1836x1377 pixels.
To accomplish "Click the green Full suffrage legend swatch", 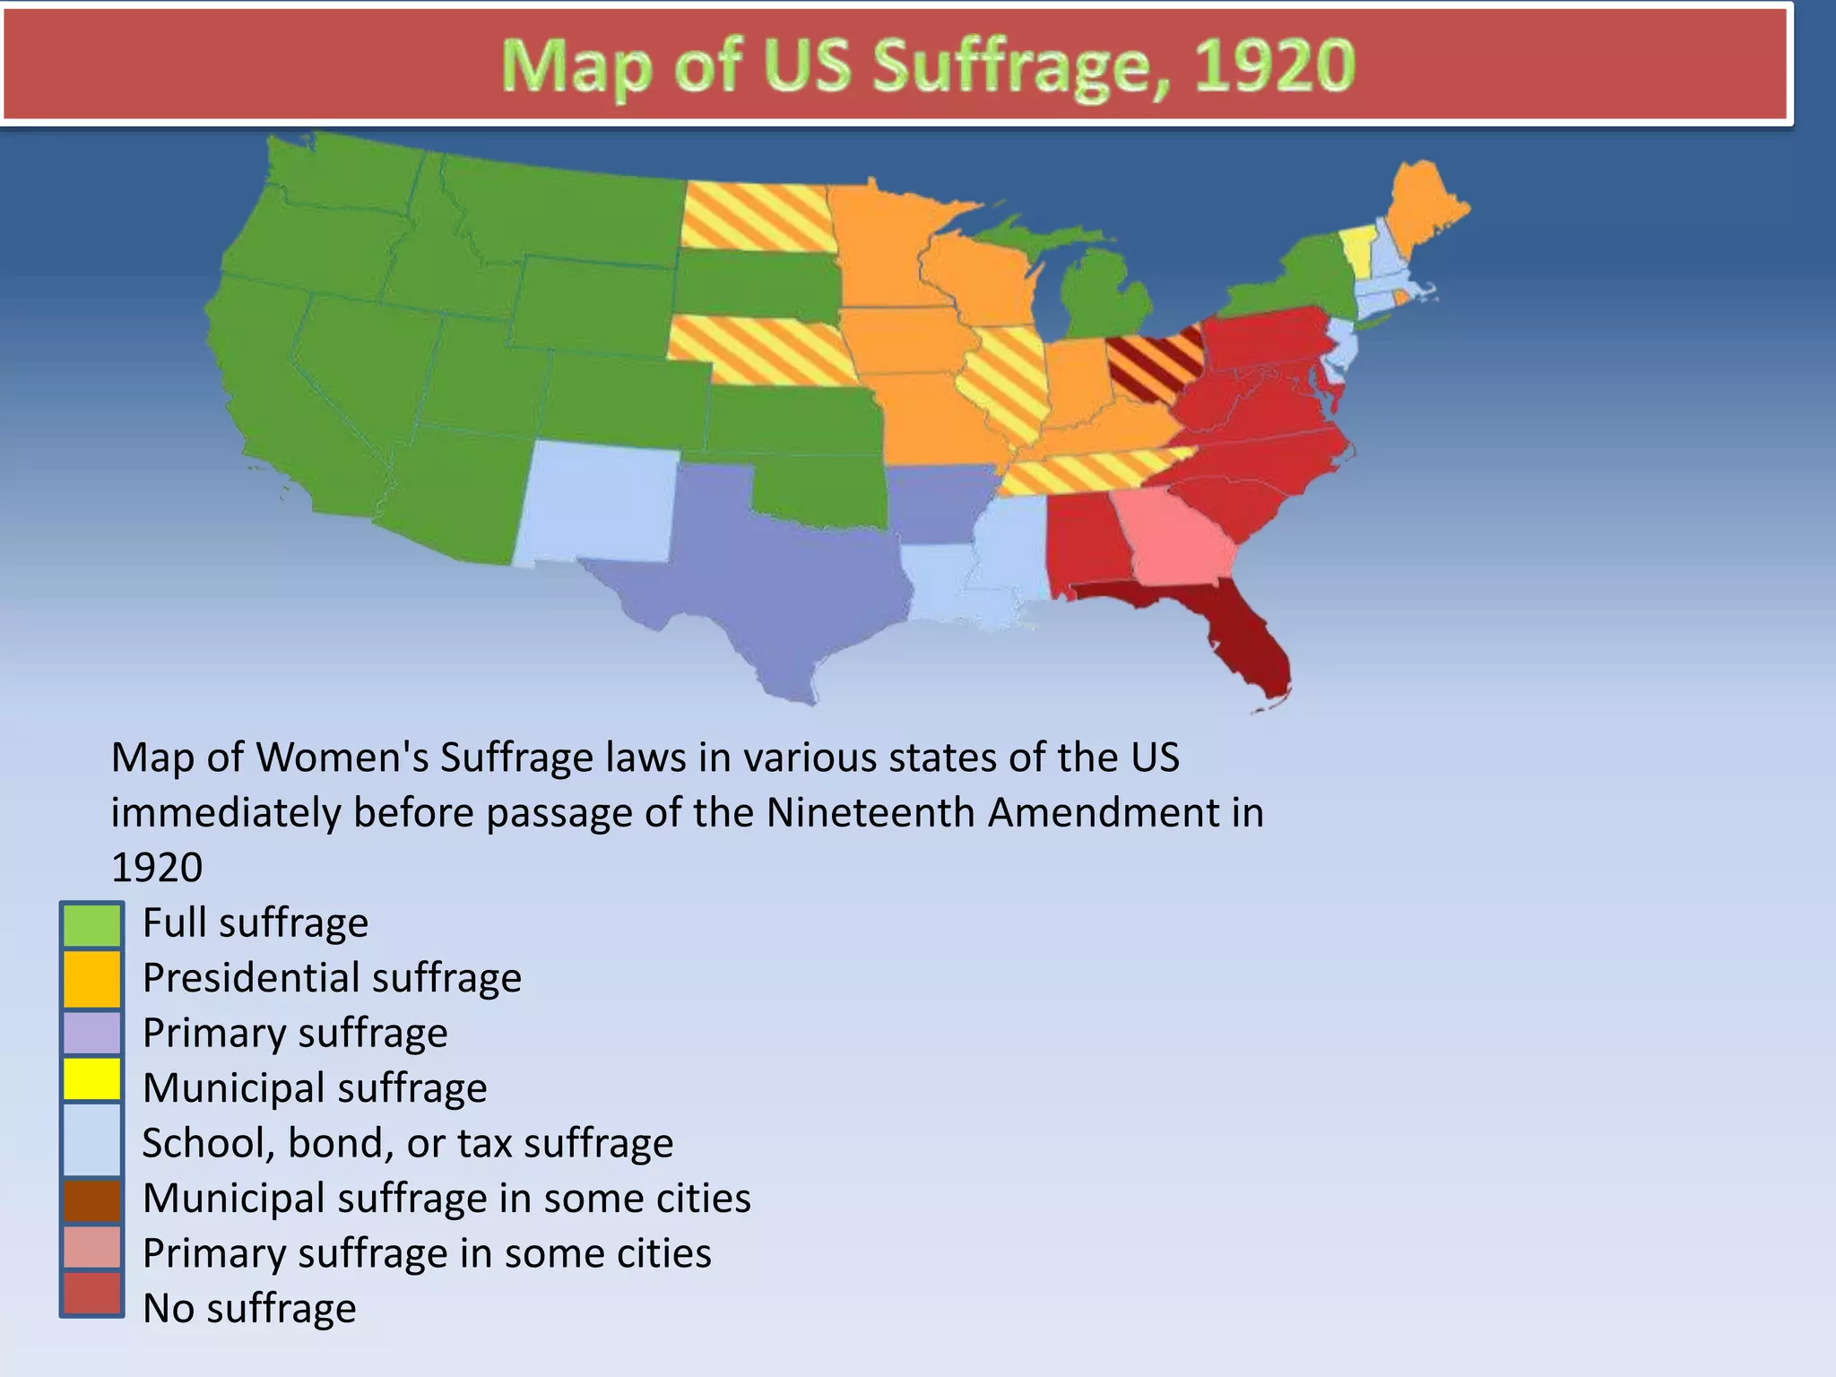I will click(91, 925).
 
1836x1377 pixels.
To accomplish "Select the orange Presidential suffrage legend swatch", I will click(91, 979).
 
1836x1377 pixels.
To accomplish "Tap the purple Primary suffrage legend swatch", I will click(91, 1033).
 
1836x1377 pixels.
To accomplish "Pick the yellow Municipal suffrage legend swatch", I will click(91, 1079).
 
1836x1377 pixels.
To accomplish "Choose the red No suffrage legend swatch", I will click(91, 1294).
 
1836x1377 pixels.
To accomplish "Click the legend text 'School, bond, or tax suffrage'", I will click(408, 1143).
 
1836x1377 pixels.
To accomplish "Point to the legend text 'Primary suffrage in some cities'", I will click(427, 1253).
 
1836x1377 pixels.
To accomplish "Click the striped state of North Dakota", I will click(756, 217).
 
